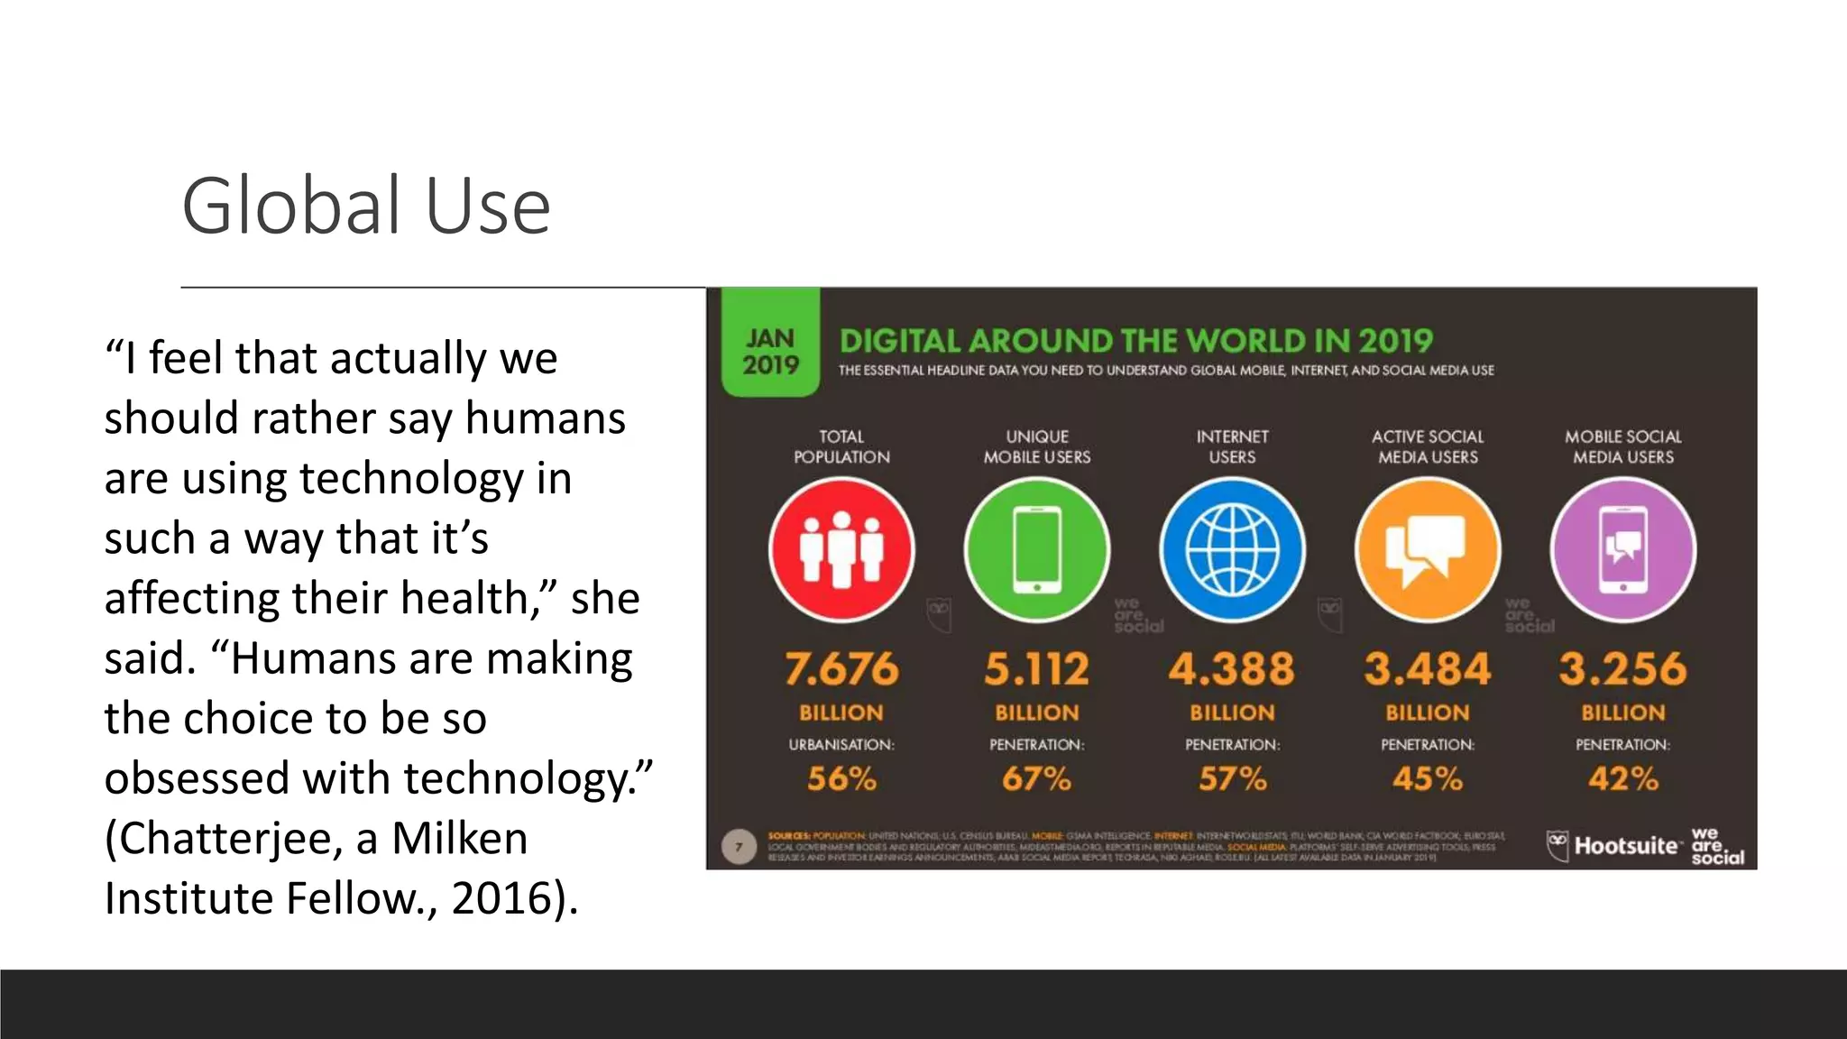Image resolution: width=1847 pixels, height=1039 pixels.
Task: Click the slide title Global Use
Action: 365,207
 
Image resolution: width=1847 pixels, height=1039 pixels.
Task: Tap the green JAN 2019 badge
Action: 770,351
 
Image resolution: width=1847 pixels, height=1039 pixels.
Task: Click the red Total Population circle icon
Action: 841,549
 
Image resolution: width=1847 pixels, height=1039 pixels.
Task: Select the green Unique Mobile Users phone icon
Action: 1036,549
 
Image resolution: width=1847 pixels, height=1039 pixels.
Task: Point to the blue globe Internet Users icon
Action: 1232,549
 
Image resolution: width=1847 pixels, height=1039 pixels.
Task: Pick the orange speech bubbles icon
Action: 1427,549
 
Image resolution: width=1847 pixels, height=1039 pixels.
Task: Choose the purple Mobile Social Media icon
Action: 1622,549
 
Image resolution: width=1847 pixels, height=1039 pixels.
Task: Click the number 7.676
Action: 841,669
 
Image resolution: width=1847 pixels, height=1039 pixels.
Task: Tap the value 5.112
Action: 1036,669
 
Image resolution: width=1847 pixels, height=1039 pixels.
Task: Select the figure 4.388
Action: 1232,669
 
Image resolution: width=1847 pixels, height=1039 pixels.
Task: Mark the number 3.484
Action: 1427,669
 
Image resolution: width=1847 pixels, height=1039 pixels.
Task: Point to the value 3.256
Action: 1622,669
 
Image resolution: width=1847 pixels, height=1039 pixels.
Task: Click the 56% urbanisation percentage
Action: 841,778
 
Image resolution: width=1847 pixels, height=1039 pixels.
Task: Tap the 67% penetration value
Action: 1036,778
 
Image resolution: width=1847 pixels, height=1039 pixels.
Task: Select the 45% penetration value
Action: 1427,778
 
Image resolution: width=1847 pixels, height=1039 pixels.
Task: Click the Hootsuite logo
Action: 1614,846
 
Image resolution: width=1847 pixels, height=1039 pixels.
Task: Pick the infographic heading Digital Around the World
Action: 1135,341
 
